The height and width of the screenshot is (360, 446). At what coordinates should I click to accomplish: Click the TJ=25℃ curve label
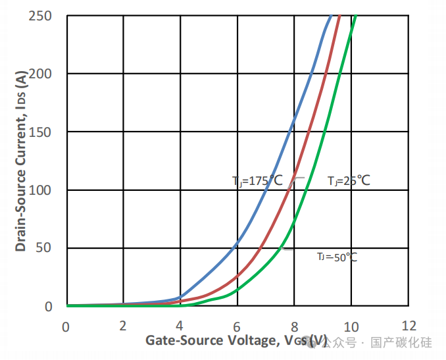349,180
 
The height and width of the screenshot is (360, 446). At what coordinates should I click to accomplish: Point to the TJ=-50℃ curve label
337,257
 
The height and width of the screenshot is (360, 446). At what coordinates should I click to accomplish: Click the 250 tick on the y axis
40,16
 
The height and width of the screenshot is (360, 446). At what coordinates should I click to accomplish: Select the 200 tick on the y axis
40,74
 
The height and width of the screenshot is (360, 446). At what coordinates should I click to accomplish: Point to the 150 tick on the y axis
40,132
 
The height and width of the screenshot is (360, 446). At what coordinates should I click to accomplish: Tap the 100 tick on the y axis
40,190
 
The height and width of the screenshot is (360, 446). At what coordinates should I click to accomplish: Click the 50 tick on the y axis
44,248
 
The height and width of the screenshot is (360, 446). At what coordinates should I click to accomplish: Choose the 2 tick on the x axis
123,326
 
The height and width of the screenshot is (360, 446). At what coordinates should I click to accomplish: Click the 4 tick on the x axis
180,326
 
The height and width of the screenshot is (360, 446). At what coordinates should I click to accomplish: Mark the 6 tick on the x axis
237,326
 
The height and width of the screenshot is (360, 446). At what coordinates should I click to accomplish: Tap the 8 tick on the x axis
294,326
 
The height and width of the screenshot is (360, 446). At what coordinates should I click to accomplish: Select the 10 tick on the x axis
351,326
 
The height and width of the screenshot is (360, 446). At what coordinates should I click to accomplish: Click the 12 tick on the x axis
408,326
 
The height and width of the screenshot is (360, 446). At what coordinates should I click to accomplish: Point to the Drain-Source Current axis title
22,161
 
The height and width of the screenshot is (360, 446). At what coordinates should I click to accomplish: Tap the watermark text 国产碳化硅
401,343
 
